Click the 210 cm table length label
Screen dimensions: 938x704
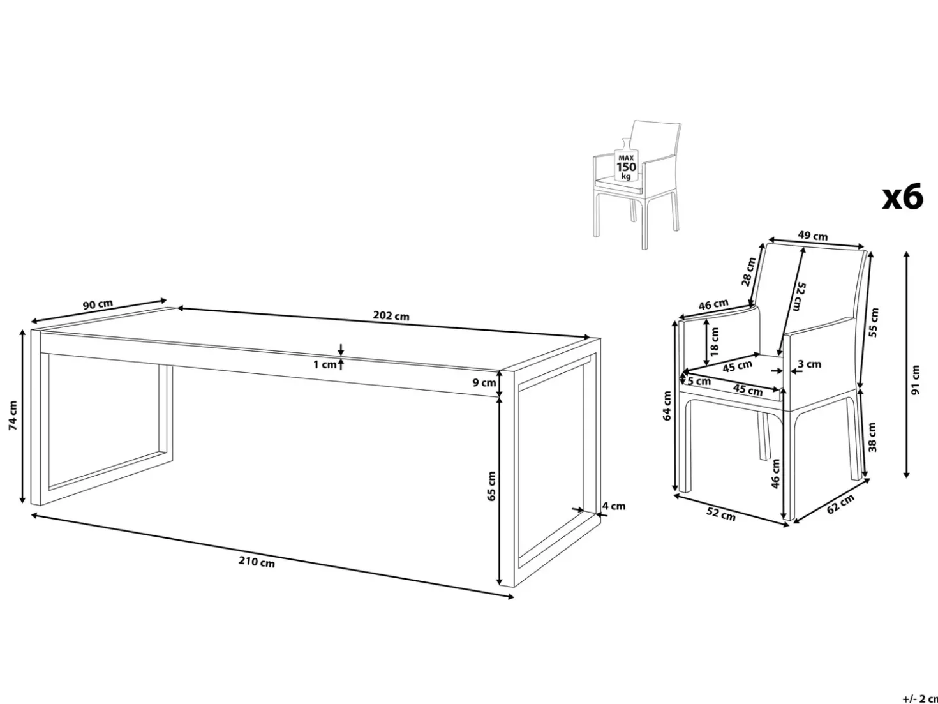(257, 562)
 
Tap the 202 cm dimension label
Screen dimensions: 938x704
(391, 315)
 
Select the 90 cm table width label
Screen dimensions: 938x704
(98, 304)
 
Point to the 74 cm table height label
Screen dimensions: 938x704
(13, 415)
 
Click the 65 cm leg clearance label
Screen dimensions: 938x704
(491, 486)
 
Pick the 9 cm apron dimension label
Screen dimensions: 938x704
(484, 382)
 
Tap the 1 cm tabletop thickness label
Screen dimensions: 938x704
(325, 364)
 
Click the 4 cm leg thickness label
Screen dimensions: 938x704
(614, 506)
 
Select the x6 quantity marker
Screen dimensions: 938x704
(902, 197)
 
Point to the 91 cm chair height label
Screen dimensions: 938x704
(916, 380)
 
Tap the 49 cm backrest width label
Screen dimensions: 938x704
(812, 236)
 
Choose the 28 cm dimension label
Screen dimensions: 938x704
(749, 271)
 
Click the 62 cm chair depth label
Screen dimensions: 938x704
(840, 504)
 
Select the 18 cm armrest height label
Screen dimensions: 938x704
(713, 341)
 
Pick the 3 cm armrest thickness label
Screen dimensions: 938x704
(809, 364)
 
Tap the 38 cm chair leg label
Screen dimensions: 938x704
(872, 437)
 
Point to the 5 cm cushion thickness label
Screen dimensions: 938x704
(699, 381)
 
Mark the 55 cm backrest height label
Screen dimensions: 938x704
(874, 322)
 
